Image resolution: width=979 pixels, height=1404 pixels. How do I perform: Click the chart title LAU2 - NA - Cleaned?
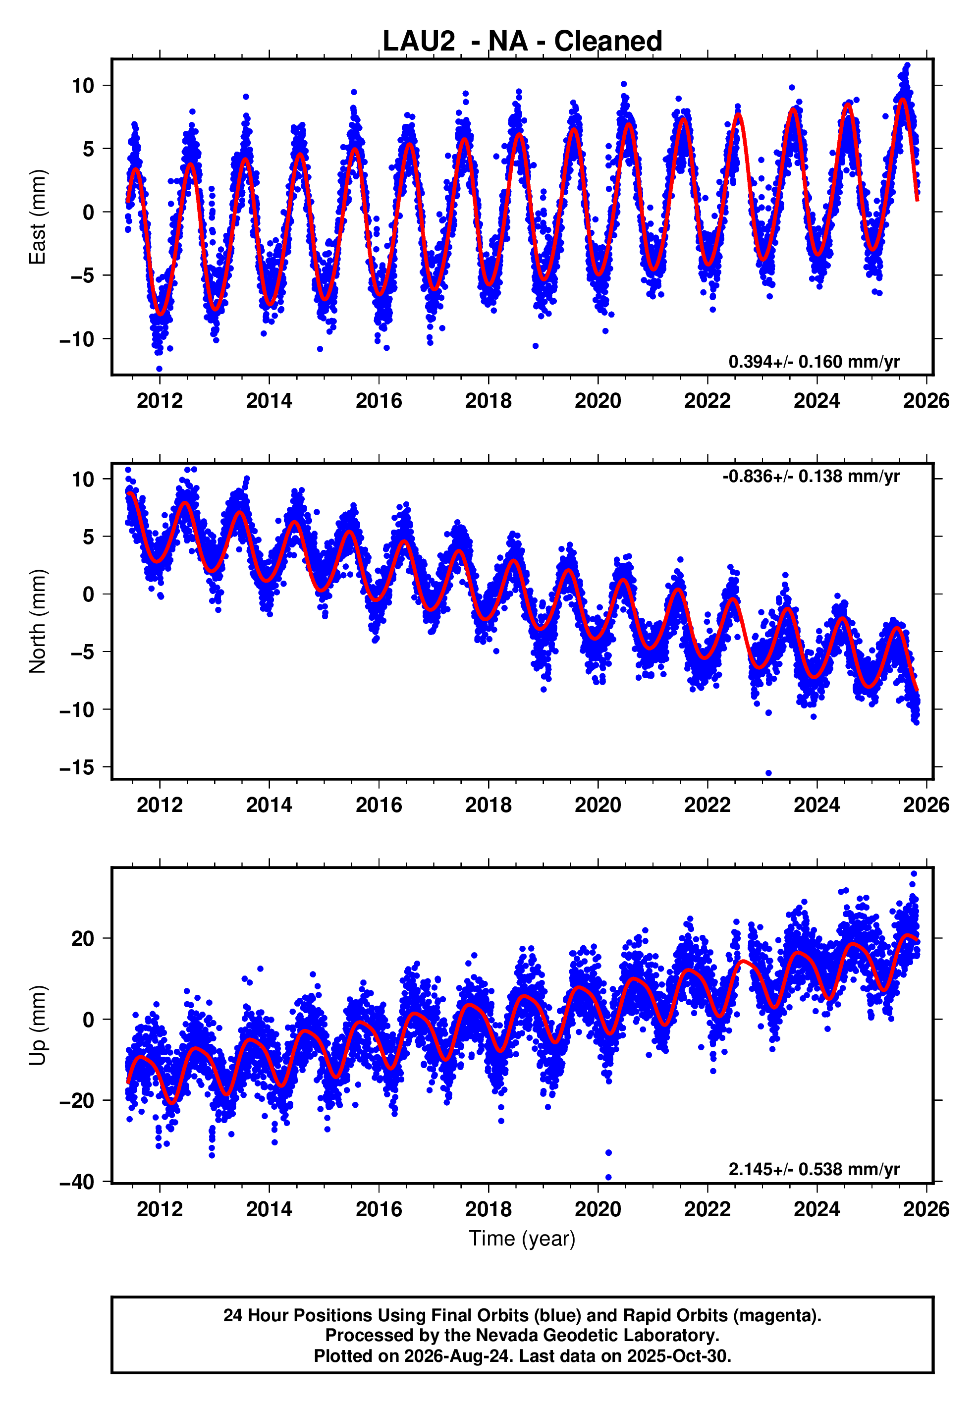coord(522,41)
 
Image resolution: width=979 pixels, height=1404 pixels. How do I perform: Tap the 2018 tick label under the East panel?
coord(488,401)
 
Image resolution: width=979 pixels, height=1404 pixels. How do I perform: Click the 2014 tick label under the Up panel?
coord(269,1209)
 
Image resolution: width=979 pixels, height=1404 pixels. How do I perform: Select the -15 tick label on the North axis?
coord(78,767)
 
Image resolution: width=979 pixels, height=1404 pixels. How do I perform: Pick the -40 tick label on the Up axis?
coord(78,1182)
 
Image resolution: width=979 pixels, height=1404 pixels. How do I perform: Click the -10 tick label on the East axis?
coord(78,339)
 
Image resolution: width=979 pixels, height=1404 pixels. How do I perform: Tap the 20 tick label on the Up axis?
coord(83,938)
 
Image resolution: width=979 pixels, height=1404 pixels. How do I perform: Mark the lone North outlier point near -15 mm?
coord(768,773)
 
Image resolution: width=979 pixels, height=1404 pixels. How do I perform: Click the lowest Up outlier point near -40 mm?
coord(608,1177)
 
